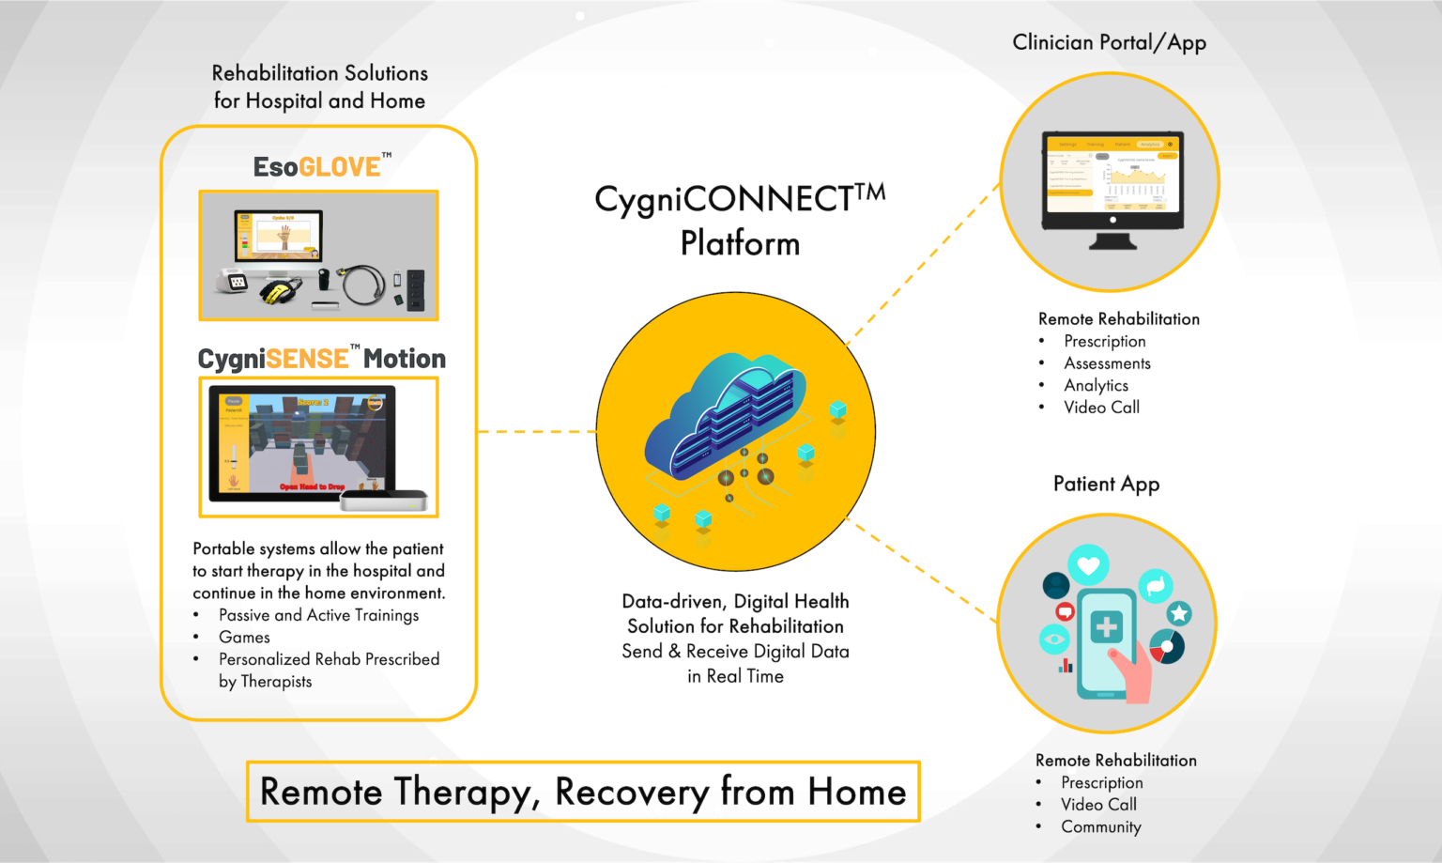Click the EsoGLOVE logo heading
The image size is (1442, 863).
tap(319, 167)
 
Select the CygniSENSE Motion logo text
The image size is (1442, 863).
tap(321, 359)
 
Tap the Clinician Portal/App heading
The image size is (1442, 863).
tap(1109, 43)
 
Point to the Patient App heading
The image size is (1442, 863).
tap(1106, 485)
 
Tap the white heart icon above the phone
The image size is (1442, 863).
tap(1088, 565)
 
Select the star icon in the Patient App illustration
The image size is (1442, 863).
tap(1179, 614)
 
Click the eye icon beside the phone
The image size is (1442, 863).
tap(1054, 640)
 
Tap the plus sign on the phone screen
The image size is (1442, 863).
tap(1107, 627)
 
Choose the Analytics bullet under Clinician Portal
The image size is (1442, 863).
tap(1096, 386)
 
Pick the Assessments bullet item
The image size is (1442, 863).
tap(1107, 363)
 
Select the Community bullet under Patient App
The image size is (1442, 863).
tap(1100, 827)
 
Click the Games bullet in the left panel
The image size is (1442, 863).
tap(244, 638)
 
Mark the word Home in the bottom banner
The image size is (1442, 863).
tap(856, 792)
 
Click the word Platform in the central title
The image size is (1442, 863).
tap(740, 243)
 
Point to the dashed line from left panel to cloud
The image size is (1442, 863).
tap(536, 432)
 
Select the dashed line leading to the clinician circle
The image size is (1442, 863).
tap(925, 263)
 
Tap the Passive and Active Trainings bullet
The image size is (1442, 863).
tap(318, 615)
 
